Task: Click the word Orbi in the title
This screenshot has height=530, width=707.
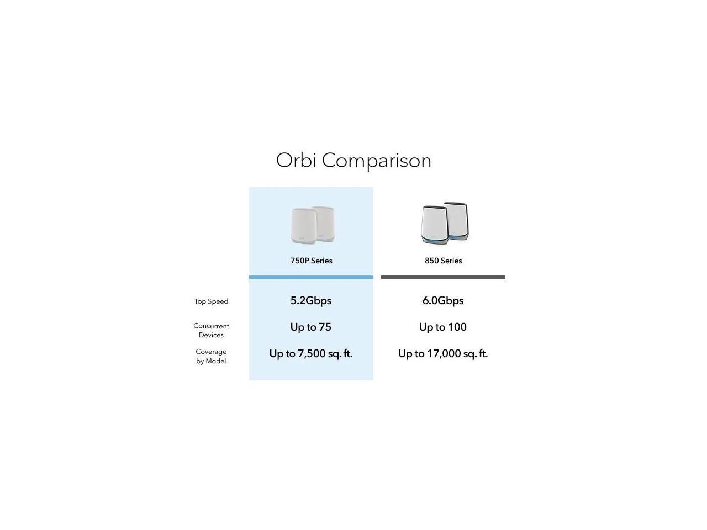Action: coord(296,161)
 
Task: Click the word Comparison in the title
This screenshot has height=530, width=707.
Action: coord(376,161)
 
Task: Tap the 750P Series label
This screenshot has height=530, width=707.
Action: coord(311,261)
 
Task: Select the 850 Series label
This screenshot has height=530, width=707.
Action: coord(443,261)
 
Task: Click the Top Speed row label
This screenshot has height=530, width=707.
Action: coord(211,301)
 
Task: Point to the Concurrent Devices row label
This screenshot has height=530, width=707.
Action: coord(211,330)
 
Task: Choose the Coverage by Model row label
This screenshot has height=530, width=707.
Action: coord(211,356)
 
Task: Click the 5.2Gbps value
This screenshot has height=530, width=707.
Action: coord(311,301)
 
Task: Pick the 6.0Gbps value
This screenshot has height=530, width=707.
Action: coord(443,301)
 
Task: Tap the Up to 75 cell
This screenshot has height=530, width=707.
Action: coord(311,327)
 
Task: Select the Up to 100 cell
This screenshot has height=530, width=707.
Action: coord(443,327)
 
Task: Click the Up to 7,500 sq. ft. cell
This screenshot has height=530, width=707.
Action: coord(311,354)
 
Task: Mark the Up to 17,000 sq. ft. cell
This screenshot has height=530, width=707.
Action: coord(443,354)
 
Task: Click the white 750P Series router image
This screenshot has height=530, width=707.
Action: coord(312,225)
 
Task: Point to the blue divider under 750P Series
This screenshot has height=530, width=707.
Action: coord(311,277)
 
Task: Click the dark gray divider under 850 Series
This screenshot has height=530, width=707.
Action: coord(443,277)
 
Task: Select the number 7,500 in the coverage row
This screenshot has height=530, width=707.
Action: coord(312,354)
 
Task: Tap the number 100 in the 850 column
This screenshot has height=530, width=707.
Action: coord(457,327)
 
